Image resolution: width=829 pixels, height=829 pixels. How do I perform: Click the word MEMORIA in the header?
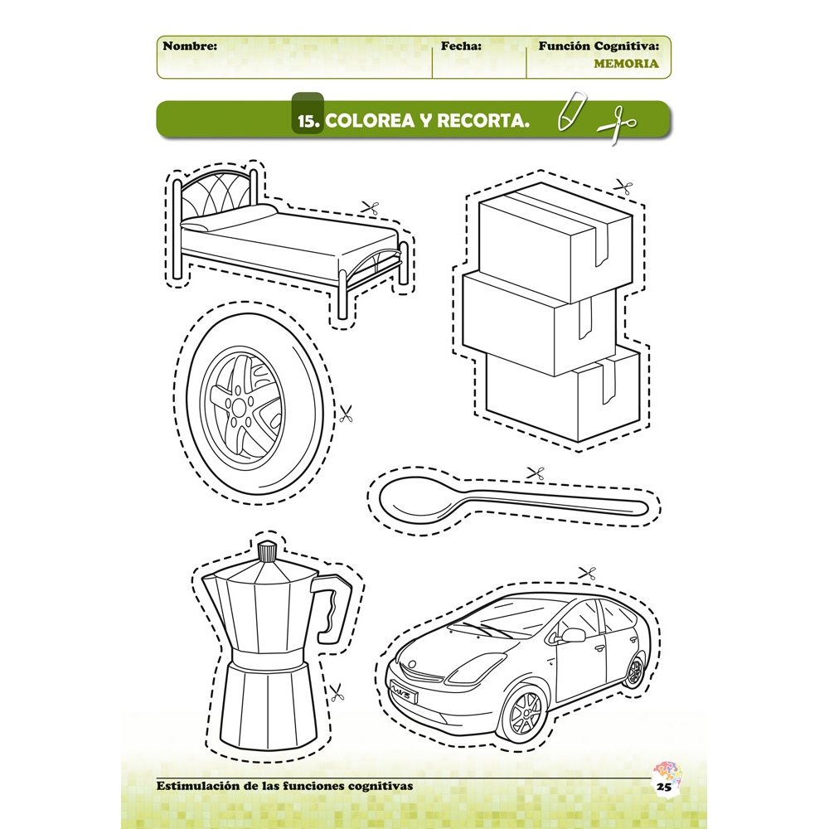(626, 64)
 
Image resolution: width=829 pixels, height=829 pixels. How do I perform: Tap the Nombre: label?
(190, 46)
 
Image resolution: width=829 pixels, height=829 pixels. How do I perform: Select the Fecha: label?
(461, 46)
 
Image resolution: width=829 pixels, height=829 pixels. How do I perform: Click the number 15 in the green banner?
(307, 122)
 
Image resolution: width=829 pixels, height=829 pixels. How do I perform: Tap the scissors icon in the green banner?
(617, 125)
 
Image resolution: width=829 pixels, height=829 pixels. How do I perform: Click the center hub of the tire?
(239, 407)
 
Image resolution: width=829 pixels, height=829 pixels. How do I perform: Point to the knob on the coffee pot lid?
(267, 551)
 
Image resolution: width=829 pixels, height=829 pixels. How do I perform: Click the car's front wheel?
(521, 712)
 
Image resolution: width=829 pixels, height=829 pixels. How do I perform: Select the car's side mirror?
(573, 634)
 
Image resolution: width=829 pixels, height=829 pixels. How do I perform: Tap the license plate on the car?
(404, 692)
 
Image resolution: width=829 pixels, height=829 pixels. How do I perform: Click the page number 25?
(664, 786)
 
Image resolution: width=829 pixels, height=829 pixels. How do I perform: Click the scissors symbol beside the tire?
(346, 413)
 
